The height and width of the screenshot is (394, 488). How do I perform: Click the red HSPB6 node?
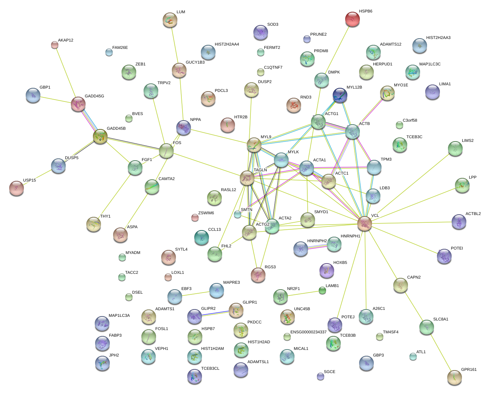(353, 19)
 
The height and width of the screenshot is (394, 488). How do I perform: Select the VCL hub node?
(365, 223)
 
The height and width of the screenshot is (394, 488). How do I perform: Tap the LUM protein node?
(170, 20)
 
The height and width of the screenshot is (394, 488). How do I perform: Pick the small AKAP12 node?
(55, 45)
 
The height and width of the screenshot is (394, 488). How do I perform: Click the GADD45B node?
(100, 136)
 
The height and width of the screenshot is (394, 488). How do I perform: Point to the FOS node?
(166, 151)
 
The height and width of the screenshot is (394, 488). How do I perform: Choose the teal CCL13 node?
(201, 237)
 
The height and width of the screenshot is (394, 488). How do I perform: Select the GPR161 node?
(455, 377)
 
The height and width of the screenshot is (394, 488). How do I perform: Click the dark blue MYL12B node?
(340, 95)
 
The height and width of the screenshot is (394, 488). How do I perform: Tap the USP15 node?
(17, 188)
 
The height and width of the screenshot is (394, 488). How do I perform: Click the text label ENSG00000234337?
(308, 332)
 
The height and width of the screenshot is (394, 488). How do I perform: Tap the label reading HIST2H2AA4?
(227, 44)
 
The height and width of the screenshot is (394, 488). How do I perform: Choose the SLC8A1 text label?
(441, 319)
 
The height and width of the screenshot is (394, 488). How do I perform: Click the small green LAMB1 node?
(322, 290)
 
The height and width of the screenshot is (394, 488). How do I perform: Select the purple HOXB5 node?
(326, 271)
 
